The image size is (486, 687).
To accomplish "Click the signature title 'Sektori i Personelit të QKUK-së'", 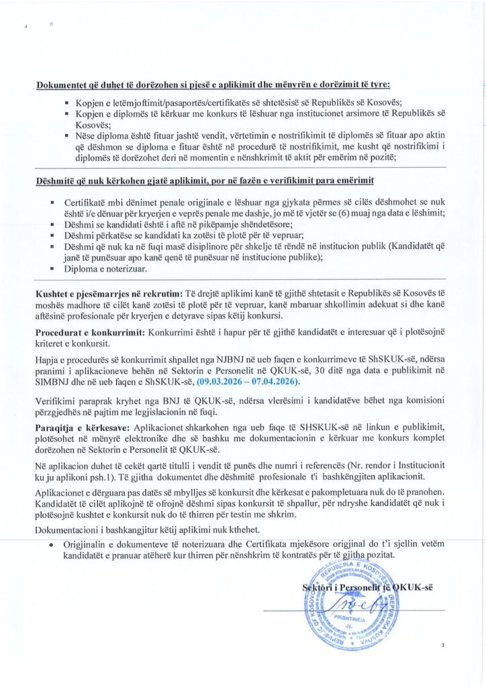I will [x=368, y=587].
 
